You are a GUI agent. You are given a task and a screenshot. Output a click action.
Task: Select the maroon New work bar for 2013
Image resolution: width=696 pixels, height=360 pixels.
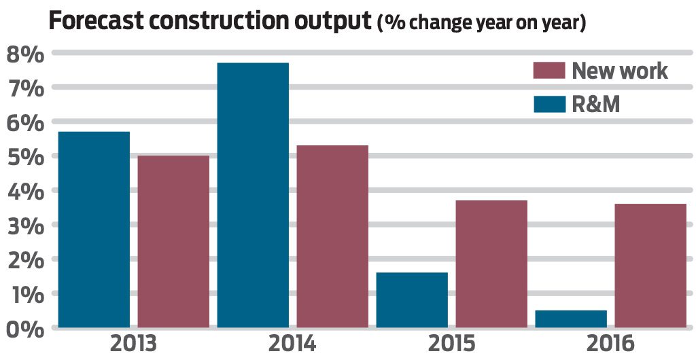tap(173, 242)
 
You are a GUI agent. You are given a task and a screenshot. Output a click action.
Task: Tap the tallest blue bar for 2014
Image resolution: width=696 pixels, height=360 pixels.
tap(253, 196)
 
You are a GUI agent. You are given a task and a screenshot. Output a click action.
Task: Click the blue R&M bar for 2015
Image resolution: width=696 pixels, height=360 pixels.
tap(412, 300)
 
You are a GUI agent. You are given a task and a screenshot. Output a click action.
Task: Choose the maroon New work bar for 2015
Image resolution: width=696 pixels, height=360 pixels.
tap(491, 264)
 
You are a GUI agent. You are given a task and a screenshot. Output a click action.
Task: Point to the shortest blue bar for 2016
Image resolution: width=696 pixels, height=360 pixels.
tap(571, 319)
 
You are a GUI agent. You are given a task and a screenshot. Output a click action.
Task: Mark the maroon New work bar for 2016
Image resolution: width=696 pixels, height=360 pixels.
tap(650, 266)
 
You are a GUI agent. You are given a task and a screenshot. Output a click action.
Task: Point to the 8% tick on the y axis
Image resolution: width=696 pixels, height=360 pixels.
tap(24, 53)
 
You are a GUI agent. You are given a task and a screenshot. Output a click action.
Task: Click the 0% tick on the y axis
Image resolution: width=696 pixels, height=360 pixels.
tap(24, 329)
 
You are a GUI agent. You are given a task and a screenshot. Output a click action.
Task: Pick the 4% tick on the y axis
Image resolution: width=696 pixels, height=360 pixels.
tap(24, 191)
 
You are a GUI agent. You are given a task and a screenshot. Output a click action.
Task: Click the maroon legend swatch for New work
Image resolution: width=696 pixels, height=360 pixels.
tap(549, 71)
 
